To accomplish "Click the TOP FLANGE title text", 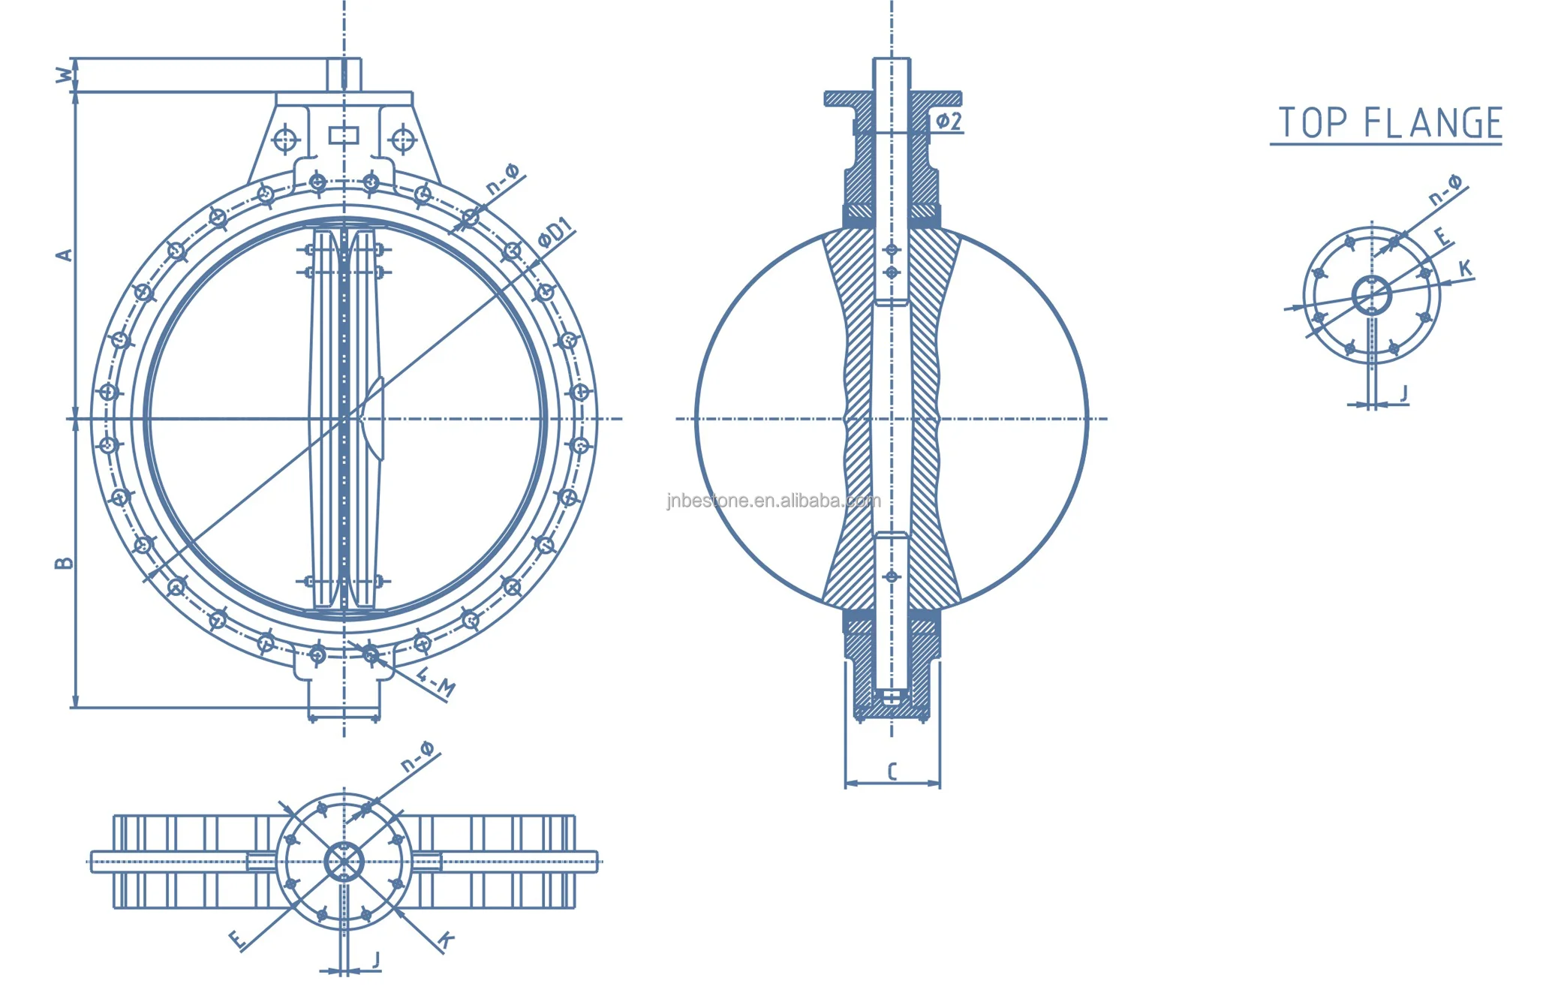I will [x=1389, y=123].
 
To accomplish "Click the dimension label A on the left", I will [x=65, y=255].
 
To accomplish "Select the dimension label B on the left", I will [x=65, y=563].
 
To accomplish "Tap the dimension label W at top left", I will [x=65, y=75].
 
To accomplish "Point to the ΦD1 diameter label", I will [x=555, y=233].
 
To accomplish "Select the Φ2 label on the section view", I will [x=948, y=122].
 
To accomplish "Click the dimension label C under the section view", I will [x=892, y=772].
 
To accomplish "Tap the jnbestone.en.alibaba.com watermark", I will [x=773, y=501].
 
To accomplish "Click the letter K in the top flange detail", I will [x=1464, y=268].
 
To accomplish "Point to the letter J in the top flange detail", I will [x=1403, y=393].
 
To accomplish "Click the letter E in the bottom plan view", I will [x=236, y=939].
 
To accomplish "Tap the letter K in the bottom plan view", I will [x=446, y=940].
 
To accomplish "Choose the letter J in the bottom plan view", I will [x=377, y=959].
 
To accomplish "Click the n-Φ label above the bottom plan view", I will [x=417, y=757].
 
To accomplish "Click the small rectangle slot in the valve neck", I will [x=344, y=136].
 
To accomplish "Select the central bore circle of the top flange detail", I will [x=1371, y=296].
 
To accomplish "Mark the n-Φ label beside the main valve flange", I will [x=502, y=180].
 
